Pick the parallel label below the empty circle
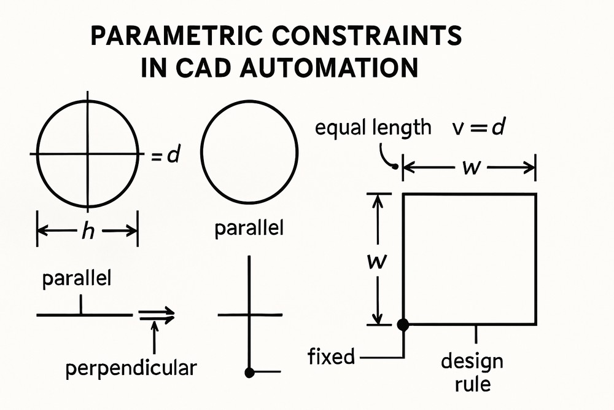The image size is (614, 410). click(x=249, y=229)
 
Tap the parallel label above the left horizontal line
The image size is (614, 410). click(x=77, y=279)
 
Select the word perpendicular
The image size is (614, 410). click(x=131, y=368)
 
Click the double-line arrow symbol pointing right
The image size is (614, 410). click(x=157, y=315)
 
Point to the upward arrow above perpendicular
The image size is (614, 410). click(x=154, y=337)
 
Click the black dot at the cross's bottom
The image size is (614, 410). click(x=249, y=372)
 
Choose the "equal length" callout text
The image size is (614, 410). click(x=373, y=128)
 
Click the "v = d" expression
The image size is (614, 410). click(x=478, y=128)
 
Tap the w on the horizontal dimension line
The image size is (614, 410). click(x=470, y=166)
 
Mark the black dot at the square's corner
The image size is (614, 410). click(x=403, y=325)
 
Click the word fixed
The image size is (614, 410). click(x=332, y=356)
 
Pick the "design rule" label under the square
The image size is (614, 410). click(x=472, y=372)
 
